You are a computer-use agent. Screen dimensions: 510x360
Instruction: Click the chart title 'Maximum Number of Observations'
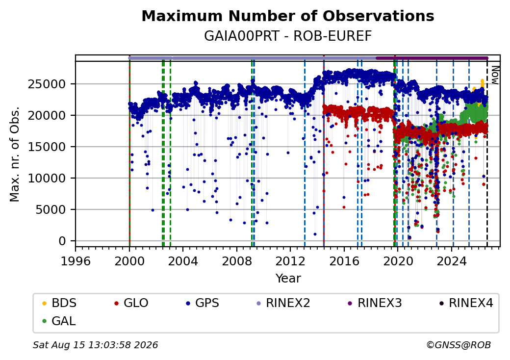[x=288, y=16]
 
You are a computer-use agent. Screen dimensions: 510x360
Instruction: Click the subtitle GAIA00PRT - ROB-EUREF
[x=288, y=36]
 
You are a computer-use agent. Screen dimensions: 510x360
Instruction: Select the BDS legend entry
[x=59, y=303]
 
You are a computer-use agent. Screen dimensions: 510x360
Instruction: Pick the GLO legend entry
[x=131, y=303]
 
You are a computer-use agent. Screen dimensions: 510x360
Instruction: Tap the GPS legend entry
[x=203, y=303]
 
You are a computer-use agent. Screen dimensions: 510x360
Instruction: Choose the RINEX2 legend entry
[x=283, y=303]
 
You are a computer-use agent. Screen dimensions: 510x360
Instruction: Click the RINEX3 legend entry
[x=375, y=303]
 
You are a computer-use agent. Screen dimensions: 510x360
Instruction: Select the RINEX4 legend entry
[x=466, y=303]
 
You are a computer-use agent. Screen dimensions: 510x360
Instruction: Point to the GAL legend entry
[x=59, y=321]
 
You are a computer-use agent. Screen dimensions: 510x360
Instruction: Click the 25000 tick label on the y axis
[x=47, y=84]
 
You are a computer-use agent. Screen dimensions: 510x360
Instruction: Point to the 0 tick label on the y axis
[x=62, y=241]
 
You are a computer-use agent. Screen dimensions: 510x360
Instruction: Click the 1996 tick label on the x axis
[x=76, y=261]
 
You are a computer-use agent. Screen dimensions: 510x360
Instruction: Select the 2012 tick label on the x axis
[x=290, y=261]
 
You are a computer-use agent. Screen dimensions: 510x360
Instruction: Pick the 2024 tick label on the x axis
[x=452, y=261]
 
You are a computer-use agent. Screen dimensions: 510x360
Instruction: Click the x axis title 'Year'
[x=288, y=279]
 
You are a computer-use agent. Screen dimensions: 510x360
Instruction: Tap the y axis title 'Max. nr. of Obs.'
[x=15, y=154]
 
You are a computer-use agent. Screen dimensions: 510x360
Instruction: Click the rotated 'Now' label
[x=495, y=75]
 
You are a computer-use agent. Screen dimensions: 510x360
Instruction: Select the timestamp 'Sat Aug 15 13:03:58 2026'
[x=96, y=345]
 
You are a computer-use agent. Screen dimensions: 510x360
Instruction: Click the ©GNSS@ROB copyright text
[x=459, y=345]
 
